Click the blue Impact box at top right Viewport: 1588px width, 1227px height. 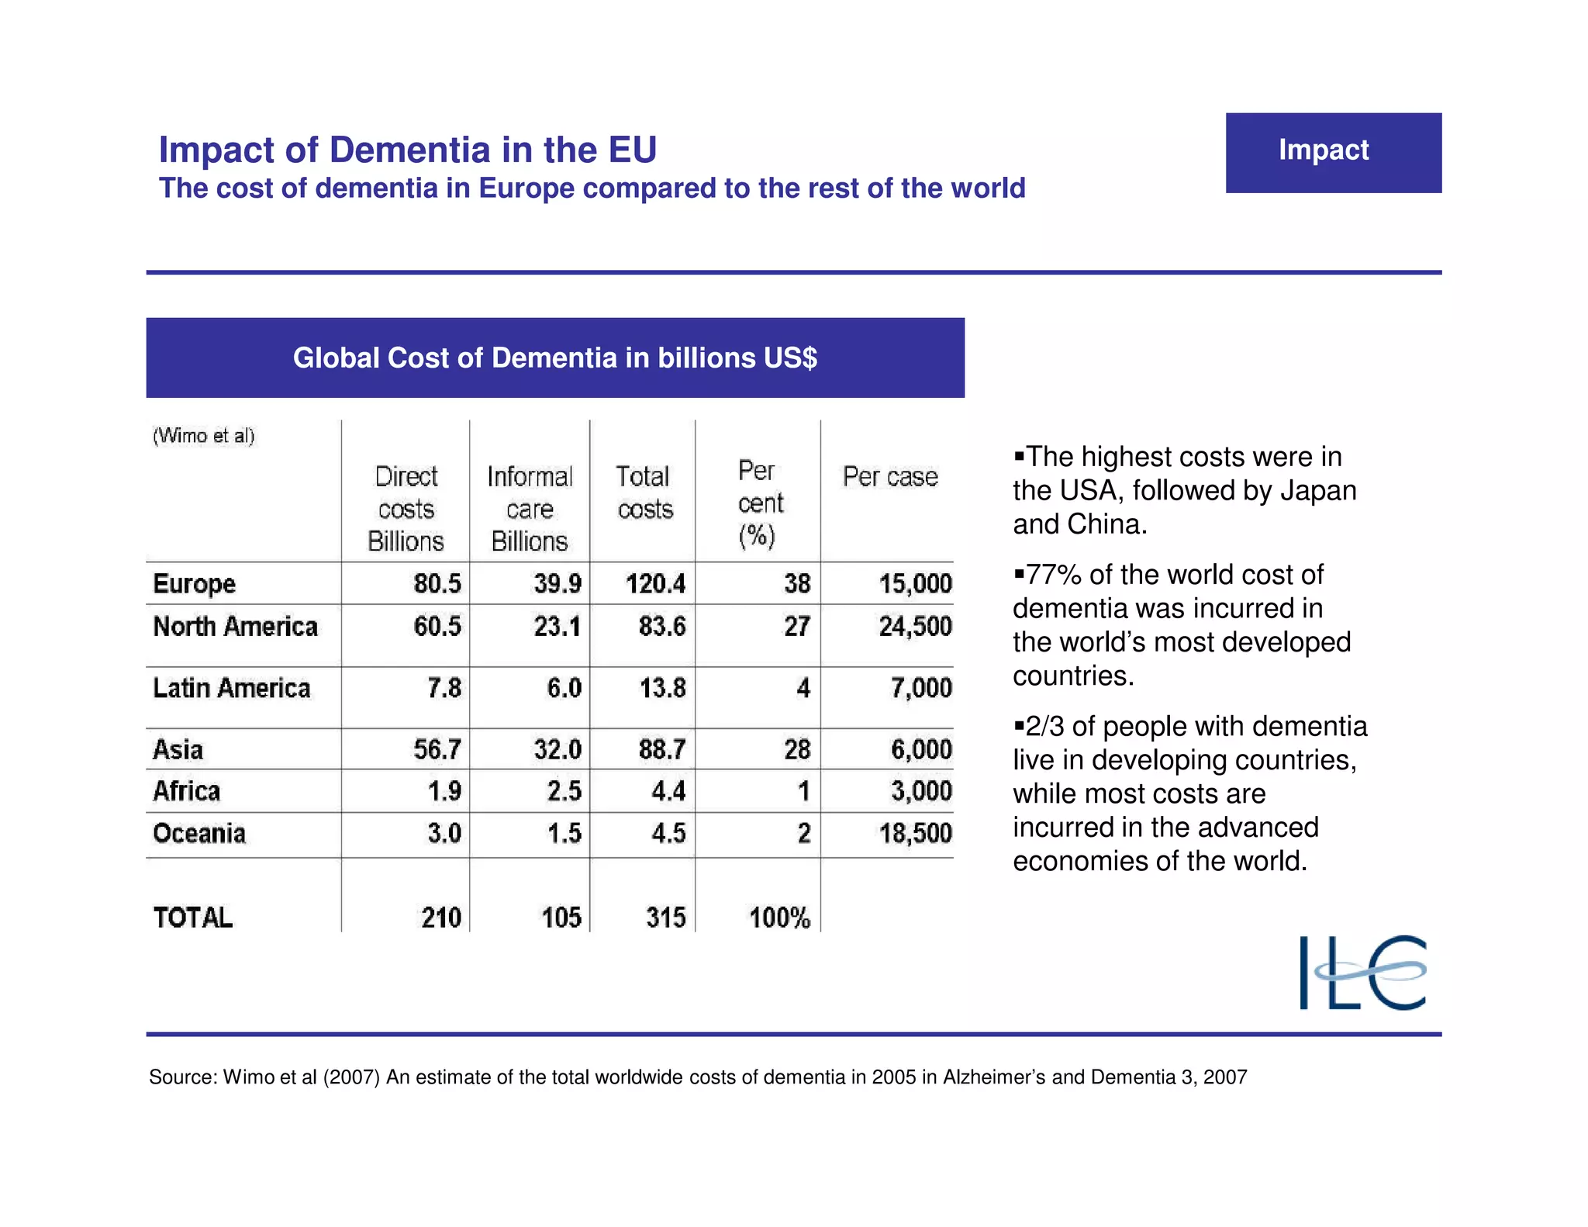[x=1333, y=152]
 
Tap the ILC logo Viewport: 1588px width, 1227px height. [x=1362, y=972]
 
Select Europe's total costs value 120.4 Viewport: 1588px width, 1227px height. [x=655, y=583]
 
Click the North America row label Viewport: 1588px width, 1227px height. [x=235, y=627]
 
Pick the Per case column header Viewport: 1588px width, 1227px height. [x=890, y=476]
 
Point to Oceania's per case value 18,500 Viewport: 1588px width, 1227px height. [x=915, y=833]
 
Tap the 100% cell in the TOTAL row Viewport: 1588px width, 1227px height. [x=779, y=918]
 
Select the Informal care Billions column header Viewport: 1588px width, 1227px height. [x=530, y=508]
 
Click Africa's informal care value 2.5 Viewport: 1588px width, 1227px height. [x=564, y=791]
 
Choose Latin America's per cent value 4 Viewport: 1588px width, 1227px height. [x=803, y=688]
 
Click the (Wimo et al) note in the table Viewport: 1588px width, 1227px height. [x=203, y=436]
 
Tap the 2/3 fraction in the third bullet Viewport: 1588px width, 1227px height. [x=1044, y=727]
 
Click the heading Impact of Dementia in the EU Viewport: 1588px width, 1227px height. [x=408, y=150]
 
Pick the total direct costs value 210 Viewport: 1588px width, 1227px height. [x=440, y=918]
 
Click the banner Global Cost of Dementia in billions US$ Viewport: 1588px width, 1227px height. [x=555, y=358]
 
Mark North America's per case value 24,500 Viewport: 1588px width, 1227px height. [x=915, y=627]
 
